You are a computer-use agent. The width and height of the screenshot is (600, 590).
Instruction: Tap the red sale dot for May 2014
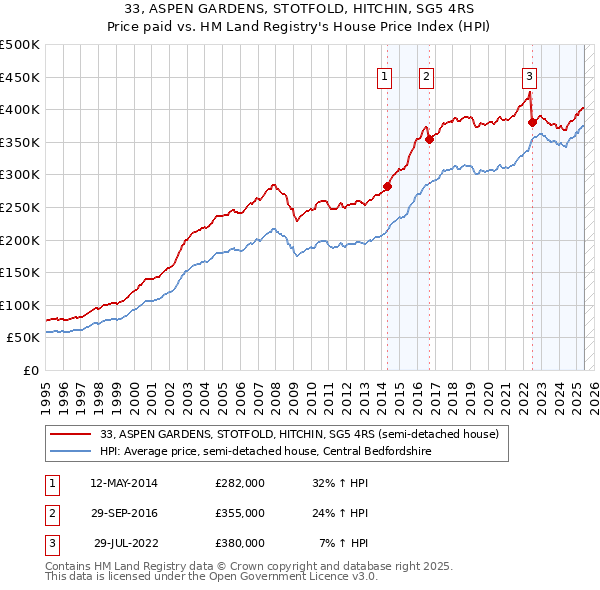[387, 186]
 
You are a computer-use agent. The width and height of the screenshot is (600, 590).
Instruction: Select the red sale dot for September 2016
[429, 139]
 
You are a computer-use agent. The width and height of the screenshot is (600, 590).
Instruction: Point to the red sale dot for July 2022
[532, 122]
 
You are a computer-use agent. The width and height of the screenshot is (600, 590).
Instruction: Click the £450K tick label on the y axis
[20, 77]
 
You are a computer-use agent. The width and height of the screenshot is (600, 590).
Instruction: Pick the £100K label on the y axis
[20, 305]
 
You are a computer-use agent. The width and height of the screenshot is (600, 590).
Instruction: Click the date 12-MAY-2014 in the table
[123, 483]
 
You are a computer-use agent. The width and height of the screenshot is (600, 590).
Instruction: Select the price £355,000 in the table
[239, 513]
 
